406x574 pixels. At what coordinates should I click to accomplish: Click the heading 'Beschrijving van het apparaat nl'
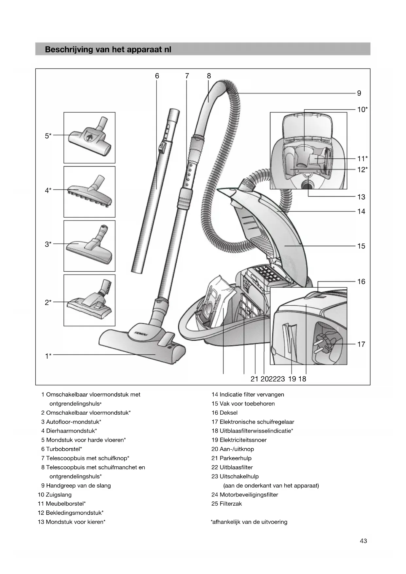pos(108,49)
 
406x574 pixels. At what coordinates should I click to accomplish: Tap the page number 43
pos(363,541)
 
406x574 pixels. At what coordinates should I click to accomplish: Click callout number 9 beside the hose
pos(359,93)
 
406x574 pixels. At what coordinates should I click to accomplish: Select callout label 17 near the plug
pos(361,344)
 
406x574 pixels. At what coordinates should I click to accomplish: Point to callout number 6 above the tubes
pos(157,76)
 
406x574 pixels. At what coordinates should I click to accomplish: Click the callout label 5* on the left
pos(48,135)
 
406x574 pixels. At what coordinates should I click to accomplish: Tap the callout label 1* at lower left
pos(48,356)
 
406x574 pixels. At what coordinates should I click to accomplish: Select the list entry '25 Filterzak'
pos(226,504)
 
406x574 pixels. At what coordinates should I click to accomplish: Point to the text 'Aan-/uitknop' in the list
pos(237,449)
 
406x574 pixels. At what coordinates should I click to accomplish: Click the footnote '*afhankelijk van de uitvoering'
pos(249,522)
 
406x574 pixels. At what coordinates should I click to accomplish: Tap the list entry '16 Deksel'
pos(224,413)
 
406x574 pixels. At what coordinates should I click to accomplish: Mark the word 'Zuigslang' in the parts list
pos(59,494)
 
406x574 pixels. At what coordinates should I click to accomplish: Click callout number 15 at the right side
pos(361,246)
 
